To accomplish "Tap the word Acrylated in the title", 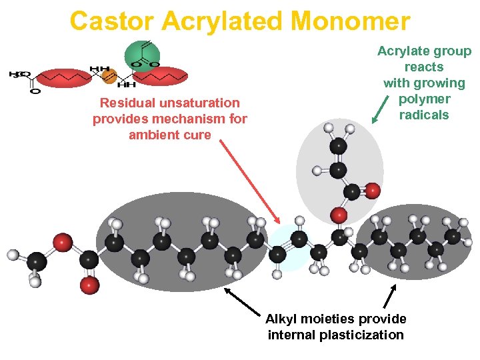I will pyautogui.click(x=225, y=21).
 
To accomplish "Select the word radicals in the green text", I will pyautogui.click(x=424, y=115).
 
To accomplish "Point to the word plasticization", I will pyautogui.click(x=360, y=335).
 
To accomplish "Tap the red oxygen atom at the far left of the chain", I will pyautogui.click(x=63, y=241).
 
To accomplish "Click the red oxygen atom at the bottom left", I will pyautogui.click(x=89, y=285).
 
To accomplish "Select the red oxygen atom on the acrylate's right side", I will pyautogui.click(x=372, y=191).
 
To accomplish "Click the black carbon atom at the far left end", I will pyautogui.click(x=37, y=261).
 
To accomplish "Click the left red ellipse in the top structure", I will pyautogui.click(x=63, y=79).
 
